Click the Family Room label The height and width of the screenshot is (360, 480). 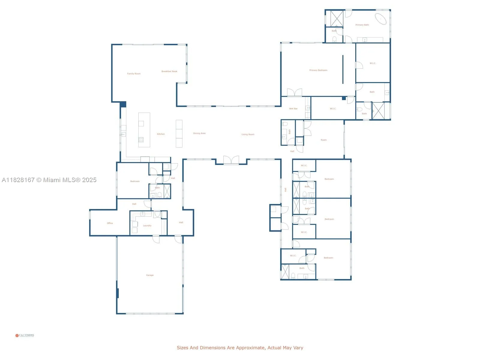133,73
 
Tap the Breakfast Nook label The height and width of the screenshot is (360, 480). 169,71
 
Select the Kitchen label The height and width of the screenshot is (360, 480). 161,134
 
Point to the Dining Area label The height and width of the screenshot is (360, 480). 199,133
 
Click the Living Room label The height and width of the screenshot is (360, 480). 248,134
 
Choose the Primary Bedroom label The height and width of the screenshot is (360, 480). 318,70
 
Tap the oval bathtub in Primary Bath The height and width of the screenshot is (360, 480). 381,19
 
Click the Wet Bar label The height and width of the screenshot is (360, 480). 293,109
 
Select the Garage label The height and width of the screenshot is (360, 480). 150,275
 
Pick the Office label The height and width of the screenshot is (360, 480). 110,223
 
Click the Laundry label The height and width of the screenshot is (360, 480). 147,226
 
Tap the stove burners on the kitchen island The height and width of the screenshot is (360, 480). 141,139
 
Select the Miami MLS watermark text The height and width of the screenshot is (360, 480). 49,180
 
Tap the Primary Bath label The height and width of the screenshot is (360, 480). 362,25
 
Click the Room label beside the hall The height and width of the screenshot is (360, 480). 323,140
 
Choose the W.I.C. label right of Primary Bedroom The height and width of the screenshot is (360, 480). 373,63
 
